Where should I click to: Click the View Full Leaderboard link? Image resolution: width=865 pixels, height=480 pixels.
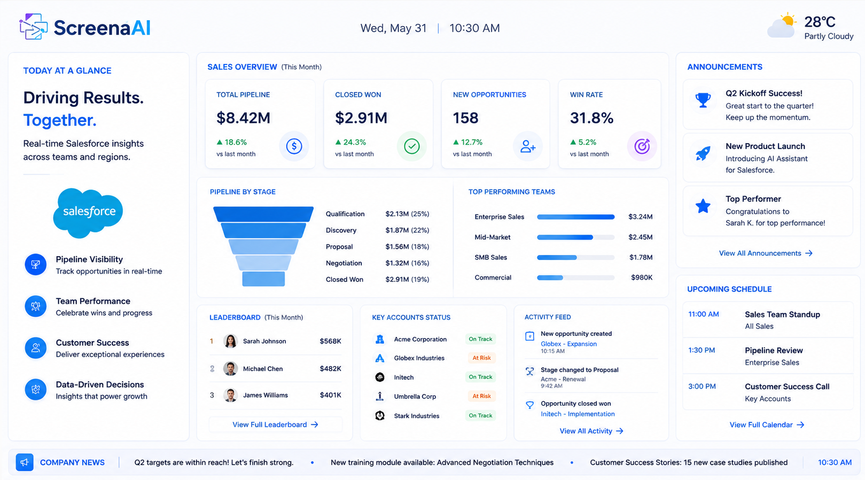pos(275,424)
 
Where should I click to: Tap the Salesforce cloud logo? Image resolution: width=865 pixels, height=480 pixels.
pos(88,213)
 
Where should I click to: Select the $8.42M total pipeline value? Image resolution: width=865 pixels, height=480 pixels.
pos(243,117)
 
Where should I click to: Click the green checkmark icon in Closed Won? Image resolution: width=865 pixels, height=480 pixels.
pos(411,146)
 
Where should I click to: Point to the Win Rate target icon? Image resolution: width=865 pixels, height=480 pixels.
pos(642,146)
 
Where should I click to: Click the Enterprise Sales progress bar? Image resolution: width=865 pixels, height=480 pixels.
pos(575,217)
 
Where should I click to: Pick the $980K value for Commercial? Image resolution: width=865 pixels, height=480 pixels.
pos(642,278)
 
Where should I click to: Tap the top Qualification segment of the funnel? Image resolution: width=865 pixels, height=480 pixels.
pos(263,214)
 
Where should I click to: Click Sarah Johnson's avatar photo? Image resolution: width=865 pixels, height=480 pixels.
pos(230,341)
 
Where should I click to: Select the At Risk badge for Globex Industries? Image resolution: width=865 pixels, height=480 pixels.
pos(481,358)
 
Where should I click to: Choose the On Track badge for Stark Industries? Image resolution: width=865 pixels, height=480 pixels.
pos(480,415)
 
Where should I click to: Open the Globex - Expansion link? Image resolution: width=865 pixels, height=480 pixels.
pos(568,344)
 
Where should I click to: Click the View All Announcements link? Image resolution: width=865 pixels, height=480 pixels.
pos(766,253)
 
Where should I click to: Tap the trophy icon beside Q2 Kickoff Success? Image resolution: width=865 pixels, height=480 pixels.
pos(703,100)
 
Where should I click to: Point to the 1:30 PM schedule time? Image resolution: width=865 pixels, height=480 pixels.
pos(702,350)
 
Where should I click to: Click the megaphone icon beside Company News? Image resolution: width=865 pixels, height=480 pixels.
pos(25,462)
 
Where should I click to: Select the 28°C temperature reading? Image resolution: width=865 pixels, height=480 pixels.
pos(820,22)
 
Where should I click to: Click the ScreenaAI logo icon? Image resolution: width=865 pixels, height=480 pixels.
pos(34,27)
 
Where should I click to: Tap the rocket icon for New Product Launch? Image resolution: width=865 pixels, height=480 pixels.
pos(703,154)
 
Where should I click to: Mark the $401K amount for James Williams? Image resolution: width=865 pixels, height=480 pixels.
pos(331,395)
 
